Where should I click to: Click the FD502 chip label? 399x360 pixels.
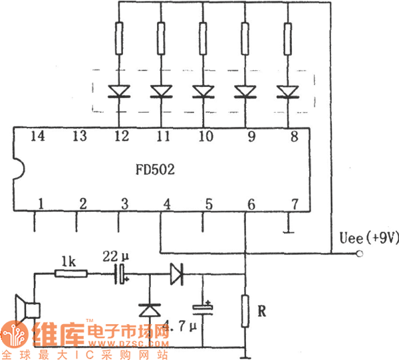tap(158, 170)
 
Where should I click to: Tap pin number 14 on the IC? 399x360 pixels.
tap(39, 137)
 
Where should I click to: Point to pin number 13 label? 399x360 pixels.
tap(80, 137)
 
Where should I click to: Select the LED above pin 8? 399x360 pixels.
tap(287, 91)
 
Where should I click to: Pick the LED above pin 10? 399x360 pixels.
tap(203, 91)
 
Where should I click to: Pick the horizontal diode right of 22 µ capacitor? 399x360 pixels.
tap(176, 273)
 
